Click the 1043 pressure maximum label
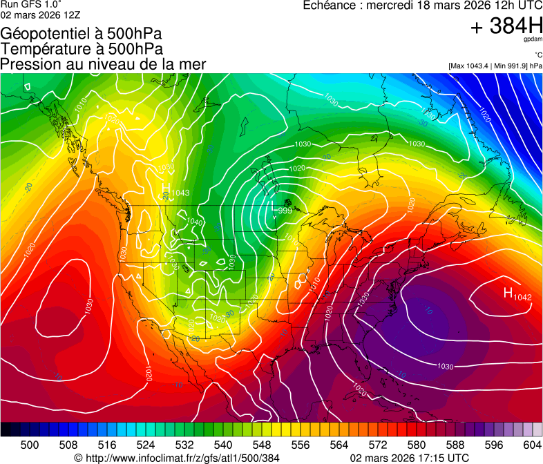coord(180,193)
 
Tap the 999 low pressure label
coord(285,210)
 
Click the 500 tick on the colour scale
coord(30,445)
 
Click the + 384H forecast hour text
coord(506,26)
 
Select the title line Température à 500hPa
coord(82,48)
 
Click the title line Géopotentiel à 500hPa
coord(82,33)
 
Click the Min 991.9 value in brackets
coord(512,66)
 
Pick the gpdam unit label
coord(533,40)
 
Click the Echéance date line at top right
coord(423,6)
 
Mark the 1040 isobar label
coord(195,222)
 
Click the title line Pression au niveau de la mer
coord(103,64)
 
